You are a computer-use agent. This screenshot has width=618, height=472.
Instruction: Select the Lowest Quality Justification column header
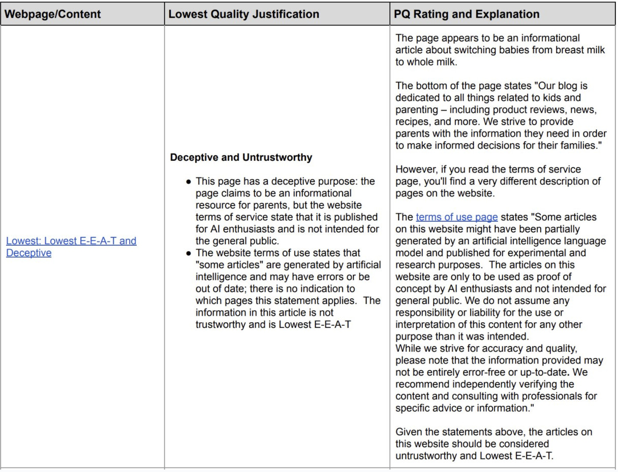(x=244, y=14)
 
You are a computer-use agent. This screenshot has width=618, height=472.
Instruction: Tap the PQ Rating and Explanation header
(x=467, y=14)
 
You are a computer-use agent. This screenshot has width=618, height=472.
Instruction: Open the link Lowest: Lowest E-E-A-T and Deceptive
(x=71, y=247)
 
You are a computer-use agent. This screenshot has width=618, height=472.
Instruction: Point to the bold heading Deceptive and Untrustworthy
(x=241, y=157)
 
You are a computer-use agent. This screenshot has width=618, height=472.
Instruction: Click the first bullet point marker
(x=188, y=182)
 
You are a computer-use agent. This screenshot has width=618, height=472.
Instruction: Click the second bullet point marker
(x=188, y=253)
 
